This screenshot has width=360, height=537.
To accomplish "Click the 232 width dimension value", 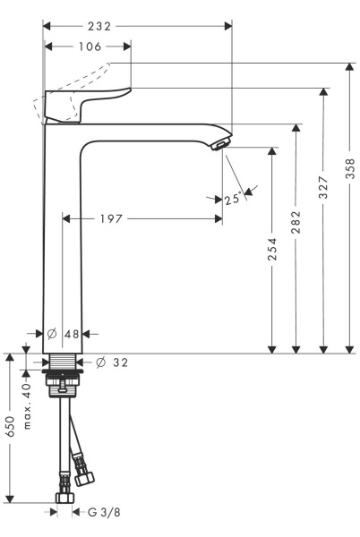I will pos(124,27).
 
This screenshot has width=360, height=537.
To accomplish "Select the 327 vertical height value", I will pos(323,187).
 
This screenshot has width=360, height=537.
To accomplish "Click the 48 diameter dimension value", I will pos(72,334).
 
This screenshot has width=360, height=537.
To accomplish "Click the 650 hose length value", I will pos(11,426).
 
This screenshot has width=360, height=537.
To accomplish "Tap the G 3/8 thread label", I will pos(103,512).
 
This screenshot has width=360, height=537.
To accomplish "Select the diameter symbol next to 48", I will pos(51,334).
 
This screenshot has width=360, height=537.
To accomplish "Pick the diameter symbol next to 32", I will pos(100,362).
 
